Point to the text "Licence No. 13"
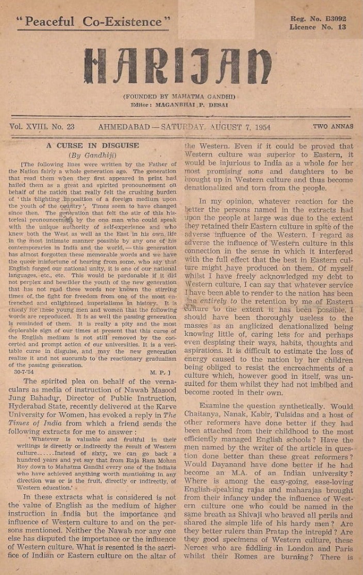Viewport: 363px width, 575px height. pos(318,27)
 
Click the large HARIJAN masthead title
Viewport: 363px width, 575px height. pos(178,66)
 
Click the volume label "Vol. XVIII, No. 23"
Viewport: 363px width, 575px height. pos(42,126)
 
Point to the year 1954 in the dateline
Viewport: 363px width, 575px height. pos(260,127)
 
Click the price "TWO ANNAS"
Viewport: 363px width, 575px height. pos(333,126)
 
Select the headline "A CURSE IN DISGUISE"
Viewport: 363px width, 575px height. pos(92,146)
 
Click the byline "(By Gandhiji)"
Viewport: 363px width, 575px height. pos(93,155)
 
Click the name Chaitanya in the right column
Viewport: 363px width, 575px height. pos(203,415)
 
